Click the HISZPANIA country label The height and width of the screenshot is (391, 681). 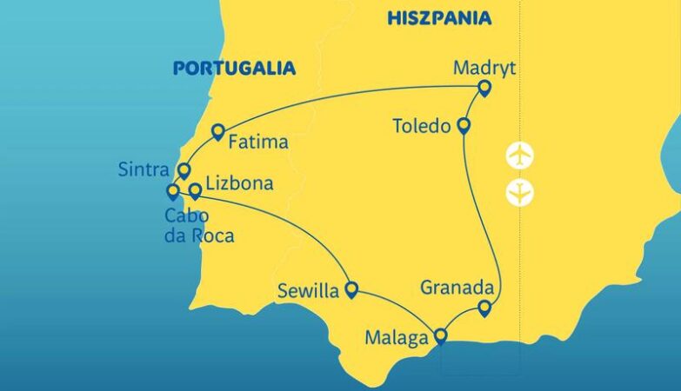click(x=439, y=18)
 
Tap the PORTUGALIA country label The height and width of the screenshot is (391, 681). click(x=234, y=68)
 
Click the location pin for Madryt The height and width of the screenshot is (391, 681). click(x=484, y=87)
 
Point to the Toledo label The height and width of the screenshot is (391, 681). click(x=423, y=126)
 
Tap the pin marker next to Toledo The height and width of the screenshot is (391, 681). click(x=464, y=126)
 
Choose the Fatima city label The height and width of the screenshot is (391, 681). click(x=259, y=142)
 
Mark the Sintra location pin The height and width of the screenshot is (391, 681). click(x=184, y=169)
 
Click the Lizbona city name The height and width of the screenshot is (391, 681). click(x=241, y=184)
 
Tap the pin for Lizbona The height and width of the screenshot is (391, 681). click(x=195, y=189)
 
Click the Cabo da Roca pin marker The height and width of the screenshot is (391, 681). click(x=172, y=190)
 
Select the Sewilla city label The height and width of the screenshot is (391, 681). click(x=308, y=291)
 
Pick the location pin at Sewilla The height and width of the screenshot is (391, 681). click(x=351, y=289)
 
